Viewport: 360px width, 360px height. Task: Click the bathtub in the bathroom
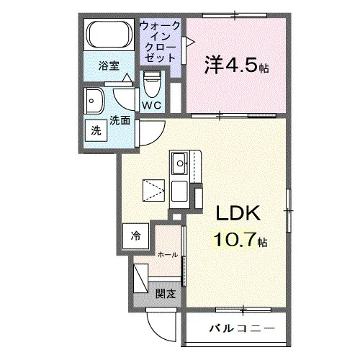(109, 35)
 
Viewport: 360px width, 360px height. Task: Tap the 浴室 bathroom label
(109, 66)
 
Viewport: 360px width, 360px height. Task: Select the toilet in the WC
(152, 84)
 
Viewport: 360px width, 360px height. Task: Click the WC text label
(152, 105)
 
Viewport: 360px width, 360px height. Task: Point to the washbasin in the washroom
(94, 101)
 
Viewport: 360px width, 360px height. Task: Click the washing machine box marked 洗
(96, 130)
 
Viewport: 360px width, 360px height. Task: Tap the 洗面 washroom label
(120, 120)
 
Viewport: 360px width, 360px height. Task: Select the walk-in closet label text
(160, 42)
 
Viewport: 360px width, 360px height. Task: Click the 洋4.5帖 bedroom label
(236, 65)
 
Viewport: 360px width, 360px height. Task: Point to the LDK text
(238, 213)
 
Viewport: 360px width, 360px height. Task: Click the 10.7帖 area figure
(240, 240)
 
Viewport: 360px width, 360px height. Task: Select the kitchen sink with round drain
(179, 163)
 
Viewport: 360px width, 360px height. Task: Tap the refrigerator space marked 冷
(136, 236)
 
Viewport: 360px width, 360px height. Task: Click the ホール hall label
(168, 255)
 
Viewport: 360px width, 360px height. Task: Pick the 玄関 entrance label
(166, 294)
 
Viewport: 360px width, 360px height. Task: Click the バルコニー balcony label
(242, 328)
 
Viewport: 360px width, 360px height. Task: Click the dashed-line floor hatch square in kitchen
(153, 190)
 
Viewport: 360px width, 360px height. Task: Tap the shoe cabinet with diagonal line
(140, 278)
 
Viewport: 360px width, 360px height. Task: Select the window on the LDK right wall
(289, 211)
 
